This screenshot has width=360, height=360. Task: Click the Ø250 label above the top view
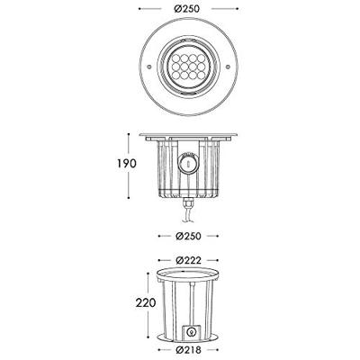click(x=186, y=9)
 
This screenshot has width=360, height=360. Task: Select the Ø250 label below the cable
click(x=188, y=236)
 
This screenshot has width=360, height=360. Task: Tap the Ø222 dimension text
click(x=188, y=260)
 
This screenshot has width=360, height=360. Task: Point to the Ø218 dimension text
click(x=188, y=350)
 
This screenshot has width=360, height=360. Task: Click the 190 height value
click(x=127, y=164)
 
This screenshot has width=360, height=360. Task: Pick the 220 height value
click(x=146, y=302)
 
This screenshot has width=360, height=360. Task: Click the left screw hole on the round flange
click(x=149, y=67)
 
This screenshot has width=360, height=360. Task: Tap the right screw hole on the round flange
click(x=228, y=67)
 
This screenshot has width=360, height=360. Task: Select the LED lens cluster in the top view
click(x=189, y=67)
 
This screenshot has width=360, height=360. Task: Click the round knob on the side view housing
click(x=188, y=164)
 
